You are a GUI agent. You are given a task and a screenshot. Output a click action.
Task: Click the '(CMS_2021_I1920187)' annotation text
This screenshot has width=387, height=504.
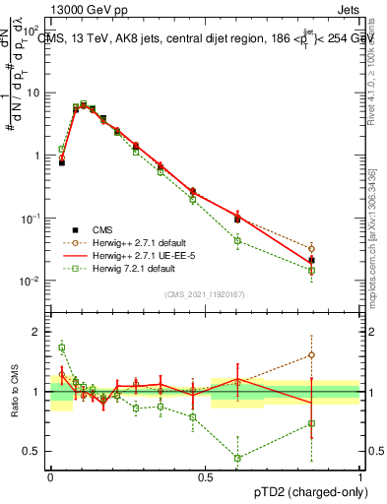(x=204, y=294)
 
